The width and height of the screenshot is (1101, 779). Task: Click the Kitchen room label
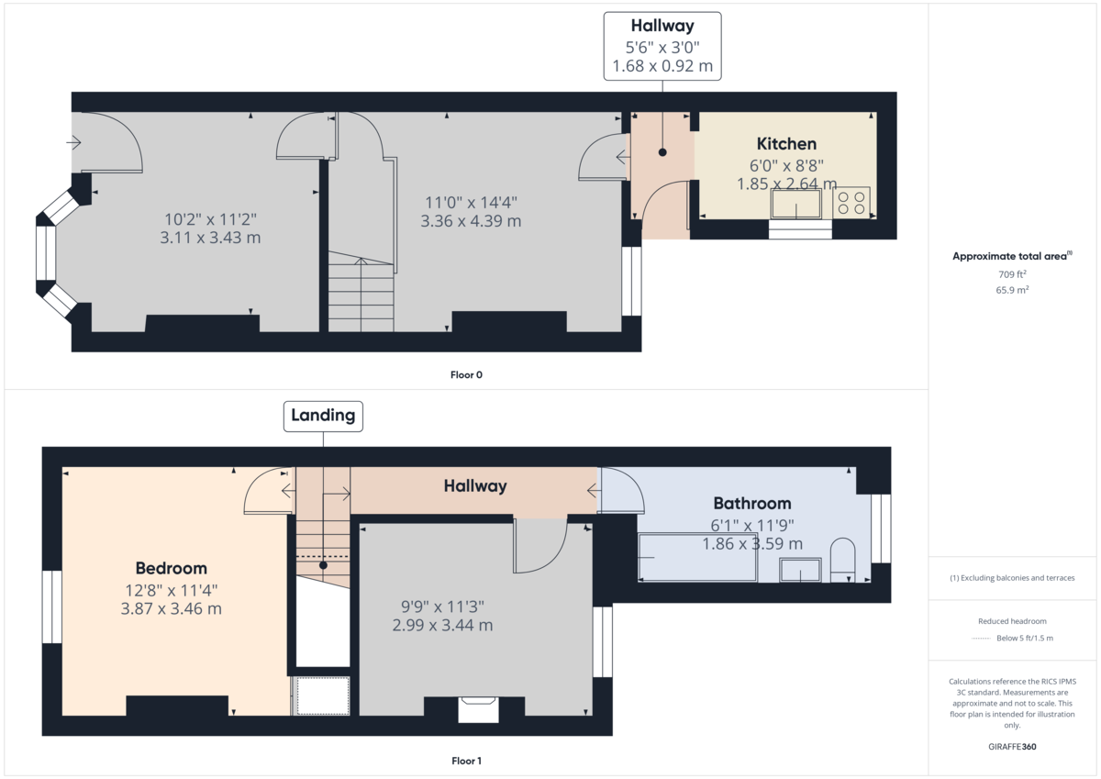[786, 144]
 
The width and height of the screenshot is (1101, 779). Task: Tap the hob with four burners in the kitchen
[851, 202]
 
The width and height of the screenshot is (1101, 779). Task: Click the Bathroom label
[752, 503]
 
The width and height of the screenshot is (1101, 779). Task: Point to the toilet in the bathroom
[841, 561]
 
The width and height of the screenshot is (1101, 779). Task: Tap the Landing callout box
[323, 415]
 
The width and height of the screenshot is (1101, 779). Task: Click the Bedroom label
[172, 568]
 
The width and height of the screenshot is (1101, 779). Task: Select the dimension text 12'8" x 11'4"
[172, 589]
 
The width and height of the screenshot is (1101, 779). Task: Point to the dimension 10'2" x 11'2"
[210, 219]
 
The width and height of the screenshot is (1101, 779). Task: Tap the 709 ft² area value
[1011, 274]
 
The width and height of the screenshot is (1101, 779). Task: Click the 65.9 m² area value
[1011, 289]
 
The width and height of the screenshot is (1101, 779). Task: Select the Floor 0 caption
[466, 374]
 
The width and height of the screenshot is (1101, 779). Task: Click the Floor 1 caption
[466, 761]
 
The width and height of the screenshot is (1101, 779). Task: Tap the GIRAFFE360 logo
[1011, 747]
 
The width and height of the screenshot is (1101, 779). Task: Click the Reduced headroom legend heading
[1011, 621]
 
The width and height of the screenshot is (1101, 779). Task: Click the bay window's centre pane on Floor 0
[46, 252]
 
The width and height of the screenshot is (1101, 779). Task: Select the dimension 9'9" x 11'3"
[442, 607]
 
